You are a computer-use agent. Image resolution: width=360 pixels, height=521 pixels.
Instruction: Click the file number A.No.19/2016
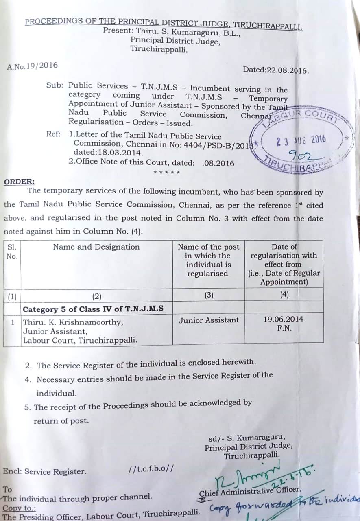33,66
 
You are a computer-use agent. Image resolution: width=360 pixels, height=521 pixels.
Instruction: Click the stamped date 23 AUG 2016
301,141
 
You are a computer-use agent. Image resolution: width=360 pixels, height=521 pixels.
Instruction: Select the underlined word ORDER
19,182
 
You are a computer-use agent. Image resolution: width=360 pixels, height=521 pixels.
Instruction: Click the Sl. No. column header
12,252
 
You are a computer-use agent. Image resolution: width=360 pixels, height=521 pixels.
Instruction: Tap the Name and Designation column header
96,247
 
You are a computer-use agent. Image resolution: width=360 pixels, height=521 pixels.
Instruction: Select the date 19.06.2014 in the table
283,320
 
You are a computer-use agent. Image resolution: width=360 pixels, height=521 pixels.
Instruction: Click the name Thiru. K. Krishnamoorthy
73,322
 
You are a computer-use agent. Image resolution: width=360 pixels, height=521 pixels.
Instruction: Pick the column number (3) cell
209,295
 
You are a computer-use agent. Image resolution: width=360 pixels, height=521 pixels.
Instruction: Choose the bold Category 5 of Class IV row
93,309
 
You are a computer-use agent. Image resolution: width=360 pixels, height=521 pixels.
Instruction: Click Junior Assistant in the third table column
209,320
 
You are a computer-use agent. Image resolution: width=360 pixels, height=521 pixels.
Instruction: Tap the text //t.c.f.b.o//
151,468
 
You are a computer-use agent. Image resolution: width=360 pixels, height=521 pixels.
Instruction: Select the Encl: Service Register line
45,472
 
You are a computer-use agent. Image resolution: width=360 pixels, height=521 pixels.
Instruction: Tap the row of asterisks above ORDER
166,172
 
